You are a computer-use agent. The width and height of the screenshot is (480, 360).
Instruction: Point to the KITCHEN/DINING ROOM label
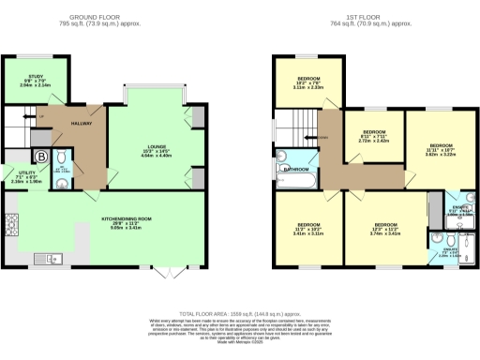[x=126, y=221]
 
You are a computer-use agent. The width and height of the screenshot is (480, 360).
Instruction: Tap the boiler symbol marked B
[x=40, y=156]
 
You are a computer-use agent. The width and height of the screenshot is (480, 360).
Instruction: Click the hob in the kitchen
[x=13, y=225]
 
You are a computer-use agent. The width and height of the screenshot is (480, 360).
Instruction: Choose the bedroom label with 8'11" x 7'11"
[x=374, y=135]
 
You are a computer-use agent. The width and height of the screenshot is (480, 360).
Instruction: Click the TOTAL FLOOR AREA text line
[x=239, y=314]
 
